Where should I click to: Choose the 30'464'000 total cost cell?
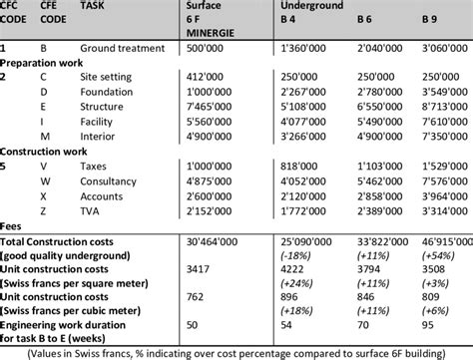click(206, 241)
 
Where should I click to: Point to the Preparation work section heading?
click(41, 61)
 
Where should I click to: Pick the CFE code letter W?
click(44, 183)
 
